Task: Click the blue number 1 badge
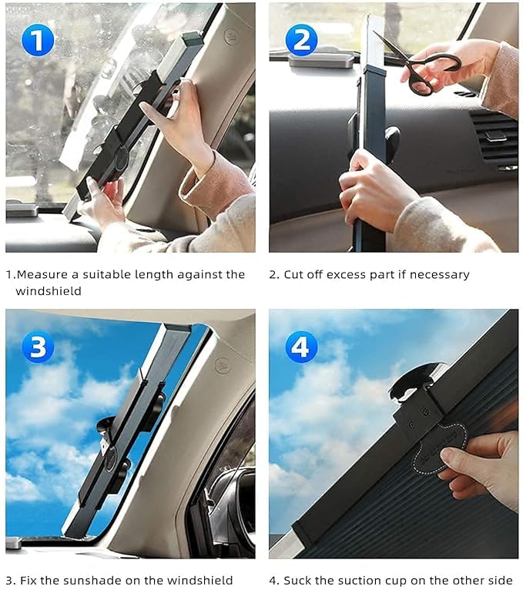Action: click(38, 40)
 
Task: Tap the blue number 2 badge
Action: click(301, 40)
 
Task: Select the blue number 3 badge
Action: click(38, 347)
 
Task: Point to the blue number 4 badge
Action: click(301, 347)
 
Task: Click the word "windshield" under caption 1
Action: click(49, 291)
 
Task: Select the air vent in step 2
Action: click(495, 139)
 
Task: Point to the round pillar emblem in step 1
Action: click(230, 37)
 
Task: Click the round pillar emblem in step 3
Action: click(223, 364)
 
